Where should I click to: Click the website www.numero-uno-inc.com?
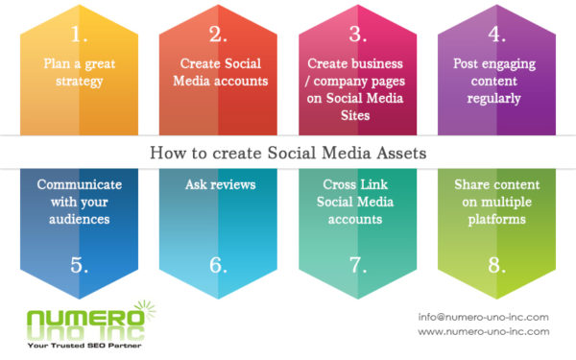483,331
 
